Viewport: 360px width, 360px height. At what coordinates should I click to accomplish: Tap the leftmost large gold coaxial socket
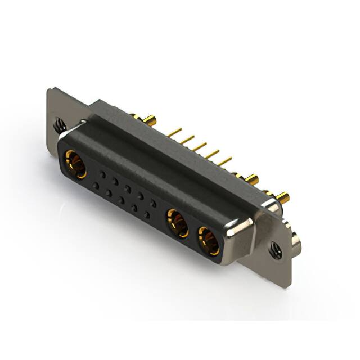[x=75, y=164]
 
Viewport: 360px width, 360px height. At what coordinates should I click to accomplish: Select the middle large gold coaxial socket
[x=178, y=223]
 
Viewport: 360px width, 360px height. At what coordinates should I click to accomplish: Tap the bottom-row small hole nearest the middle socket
[x=147, y=215]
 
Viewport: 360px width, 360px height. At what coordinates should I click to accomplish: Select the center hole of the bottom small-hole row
[x=121, y=200]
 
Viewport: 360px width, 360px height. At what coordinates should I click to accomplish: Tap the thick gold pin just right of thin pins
[x=250, y=179]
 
